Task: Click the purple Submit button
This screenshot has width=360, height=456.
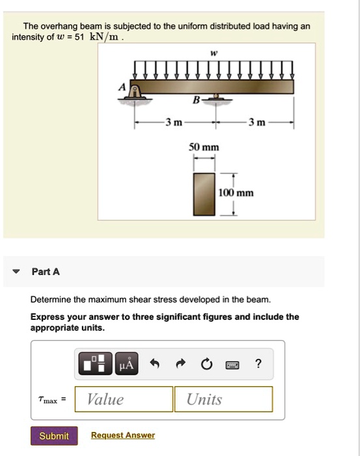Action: (x=54, y=436)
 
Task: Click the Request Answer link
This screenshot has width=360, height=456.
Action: (x=123, y=435)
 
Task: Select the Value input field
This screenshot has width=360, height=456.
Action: (x=124, y=399)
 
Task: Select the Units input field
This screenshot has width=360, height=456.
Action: (x=223, y=399)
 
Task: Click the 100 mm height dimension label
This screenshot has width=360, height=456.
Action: (x=236, y=193)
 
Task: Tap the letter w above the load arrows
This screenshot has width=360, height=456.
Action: (x=214, y=52)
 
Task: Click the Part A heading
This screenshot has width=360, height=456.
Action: (x=46, y=272)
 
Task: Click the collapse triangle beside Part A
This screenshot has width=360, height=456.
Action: (x=17, y=272)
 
